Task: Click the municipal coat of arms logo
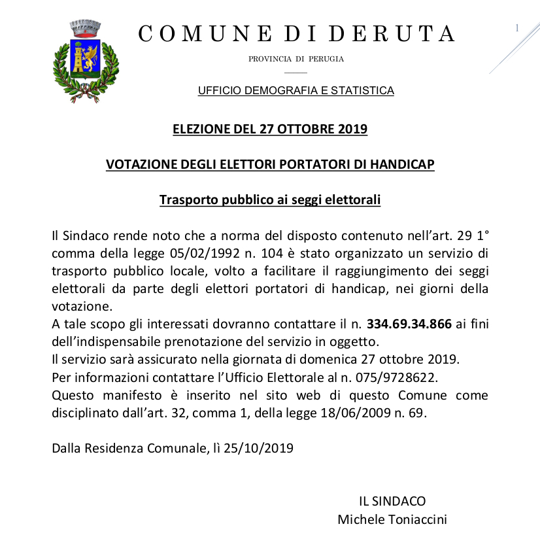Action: (x=76, y=61)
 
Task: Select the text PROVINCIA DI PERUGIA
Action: (x=295, y=59)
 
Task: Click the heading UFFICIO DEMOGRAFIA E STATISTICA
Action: (x=295, y=90)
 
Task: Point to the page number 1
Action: (x=517, y=27)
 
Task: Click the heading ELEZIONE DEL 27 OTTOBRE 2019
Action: (x=269, y=129)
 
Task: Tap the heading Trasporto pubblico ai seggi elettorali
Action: (x=269, y=199)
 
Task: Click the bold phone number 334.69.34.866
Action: (x=409, y=324)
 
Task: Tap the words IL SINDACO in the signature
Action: (x=392, y=501)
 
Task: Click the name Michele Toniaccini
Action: (x=392, y=519)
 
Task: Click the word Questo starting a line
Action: (x=75, y=395)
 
